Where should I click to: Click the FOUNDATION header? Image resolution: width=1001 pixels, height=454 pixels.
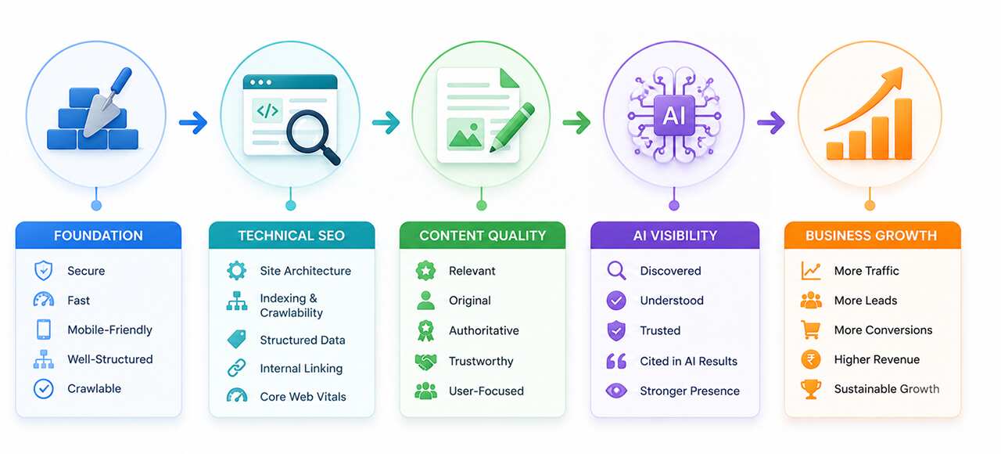[99, 236]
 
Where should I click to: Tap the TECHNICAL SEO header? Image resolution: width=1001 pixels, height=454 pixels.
[292, 236]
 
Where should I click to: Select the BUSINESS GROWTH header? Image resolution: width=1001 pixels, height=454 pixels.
[871, 236]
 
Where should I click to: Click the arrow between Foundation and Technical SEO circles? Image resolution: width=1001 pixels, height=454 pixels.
[193, 121]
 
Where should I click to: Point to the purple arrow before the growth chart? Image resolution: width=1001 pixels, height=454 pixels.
[771, 121]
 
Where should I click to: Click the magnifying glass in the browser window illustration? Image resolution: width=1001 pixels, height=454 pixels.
[313, 137]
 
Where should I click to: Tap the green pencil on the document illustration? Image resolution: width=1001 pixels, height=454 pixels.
[512, 128]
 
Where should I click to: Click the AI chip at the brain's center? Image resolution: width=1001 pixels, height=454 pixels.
[674, 115]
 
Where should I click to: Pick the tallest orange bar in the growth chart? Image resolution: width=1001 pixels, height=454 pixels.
[903, 129]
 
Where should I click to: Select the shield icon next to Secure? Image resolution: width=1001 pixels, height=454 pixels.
[43, 271]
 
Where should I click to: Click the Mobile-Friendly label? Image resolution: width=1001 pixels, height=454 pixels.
[110, 330]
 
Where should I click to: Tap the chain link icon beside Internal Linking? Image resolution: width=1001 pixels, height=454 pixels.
[237, 368]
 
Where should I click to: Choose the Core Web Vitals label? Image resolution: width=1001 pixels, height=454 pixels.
[303, 397]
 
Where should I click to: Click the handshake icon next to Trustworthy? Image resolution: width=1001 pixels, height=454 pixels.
[426, 362]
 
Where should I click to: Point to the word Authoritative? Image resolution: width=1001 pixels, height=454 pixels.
[484, 330]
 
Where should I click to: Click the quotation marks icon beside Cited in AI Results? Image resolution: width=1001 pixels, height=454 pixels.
[616, 361]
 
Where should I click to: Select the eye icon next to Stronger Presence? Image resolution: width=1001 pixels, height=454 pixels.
[616, 391]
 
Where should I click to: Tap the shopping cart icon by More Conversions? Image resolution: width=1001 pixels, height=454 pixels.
[811, 330]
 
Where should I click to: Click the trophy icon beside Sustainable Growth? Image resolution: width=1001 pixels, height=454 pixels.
[811, 389]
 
